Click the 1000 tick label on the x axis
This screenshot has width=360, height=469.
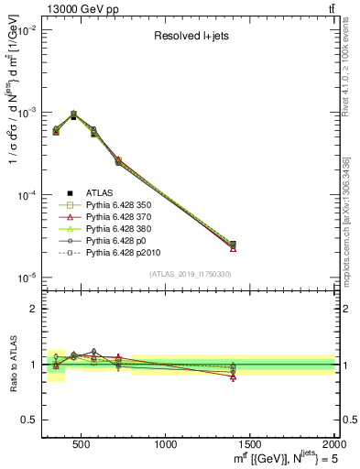pos(166,444)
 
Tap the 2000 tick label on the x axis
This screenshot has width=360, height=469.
pos(332,444)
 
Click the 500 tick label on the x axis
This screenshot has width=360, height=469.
pos(83,444)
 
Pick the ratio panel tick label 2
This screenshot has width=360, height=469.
pos(33,309)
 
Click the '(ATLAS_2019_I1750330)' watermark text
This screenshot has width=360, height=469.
pos(190,273)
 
